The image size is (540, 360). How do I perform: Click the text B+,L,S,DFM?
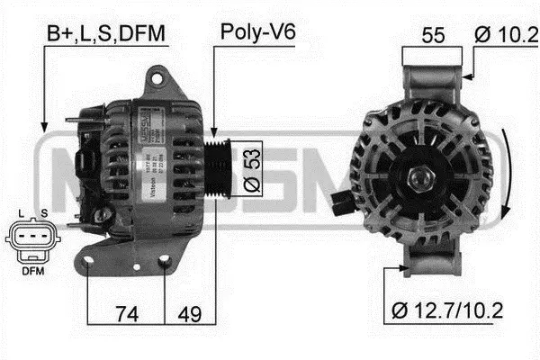[x=107, y=33]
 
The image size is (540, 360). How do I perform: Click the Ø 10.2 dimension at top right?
[x=505, y=35]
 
